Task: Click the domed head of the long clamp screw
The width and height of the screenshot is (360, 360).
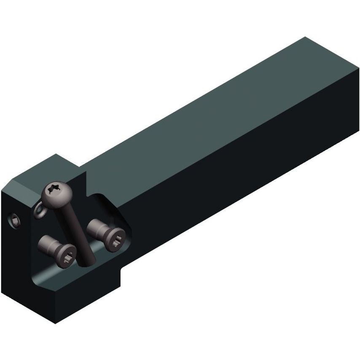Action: [56, 195]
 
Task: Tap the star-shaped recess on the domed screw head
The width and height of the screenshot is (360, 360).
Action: [56, 190]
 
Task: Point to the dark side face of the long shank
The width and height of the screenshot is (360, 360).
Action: [236, 177]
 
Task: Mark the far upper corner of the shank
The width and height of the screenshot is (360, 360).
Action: [304, 38]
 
